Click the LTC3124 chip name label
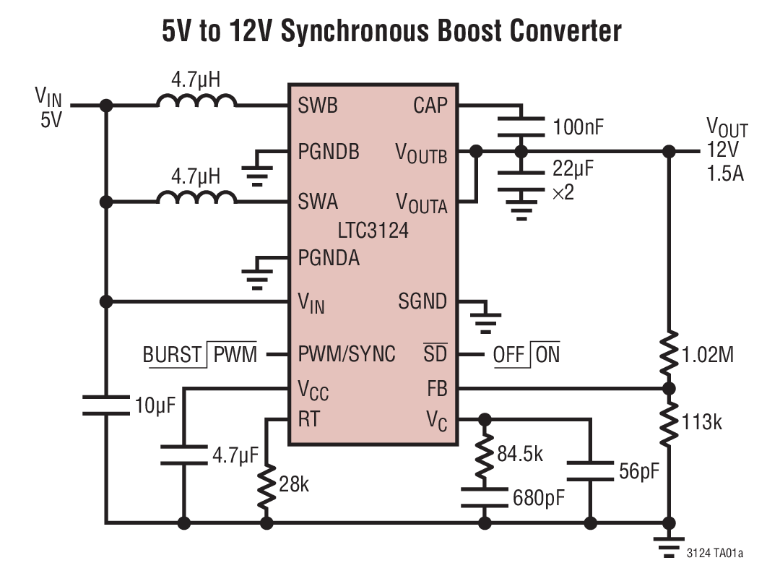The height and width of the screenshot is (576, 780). coord(373,231)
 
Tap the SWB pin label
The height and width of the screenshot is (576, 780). coord(318,106)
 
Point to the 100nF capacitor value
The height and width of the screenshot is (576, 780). coord(578,128)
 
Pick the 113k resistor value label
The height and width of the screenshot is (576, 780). coord(701,421)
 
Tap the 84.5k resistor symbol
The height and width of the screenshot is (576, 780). coord(485,455)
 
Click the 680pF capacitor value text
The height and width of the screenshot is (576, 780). coord(539,498)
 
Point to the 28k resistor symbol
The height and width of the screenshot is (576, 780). coord(266,485)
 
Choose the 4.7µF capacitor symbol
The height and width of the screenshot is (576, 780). coord(183,455)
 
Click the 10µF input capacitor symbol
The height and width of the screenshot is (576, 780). coord(106,405)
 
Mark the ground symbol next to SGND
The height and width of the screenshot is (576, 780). coord(485,315)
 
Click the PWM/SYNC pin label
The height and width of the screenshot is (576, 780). coord(347,354)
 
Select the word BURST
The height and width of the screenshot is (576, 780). coord(172,355)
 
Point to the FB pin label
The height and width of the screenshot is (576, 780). coord(437,389)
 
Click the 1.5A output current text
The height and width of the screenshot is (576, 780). coord(724,173)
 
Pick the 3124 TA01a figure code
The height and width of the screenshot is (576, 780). coord(714,554)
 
